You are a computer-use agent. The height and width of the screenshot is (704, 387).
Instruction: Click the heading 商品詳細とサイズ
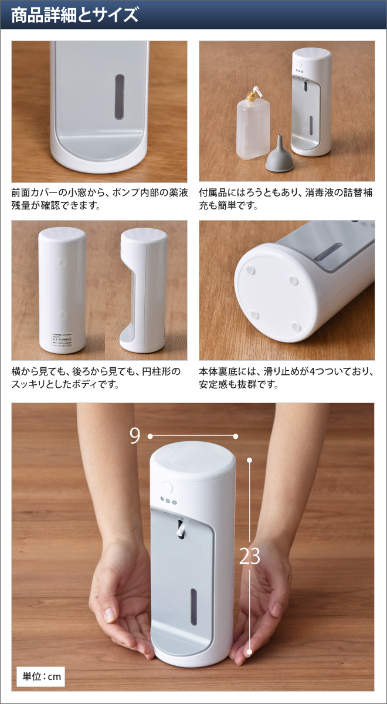(x=74, y=15)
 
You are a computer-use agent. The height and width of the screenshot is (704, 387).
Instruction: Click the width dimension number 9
(x=135, y=436)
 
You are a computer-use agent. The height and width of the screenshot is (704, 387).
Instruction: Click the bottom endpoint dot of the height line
(x=249, y=651)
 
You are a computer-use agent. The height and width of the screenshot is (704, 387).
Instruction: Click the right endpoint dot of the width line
(x=235, y=436)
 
